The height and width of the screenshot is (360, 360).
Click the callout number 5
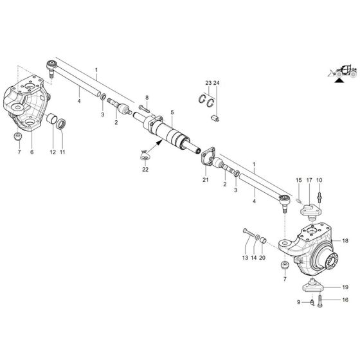[x=172, y=111]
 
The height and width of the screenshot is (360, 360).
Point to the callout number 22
[x=145, y=169]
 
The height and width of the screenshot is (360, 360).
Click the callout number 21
[x=206, y=181]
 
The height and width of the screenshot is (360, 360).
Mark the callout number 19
[x=345, y=287]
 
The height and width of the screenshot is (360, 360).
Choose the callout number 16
[x=345, y=300]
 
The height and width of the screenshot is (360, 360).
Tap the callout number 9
[x=298, y=301]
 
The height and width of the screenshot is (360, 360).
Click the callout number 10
[x=319, y=179]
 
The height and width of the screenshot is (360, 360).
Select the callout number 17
[x=309, y=179]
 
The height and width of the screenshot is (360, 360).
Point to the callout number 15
[x=298, y=179]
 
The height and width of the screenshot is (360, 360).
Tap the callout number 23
[x=208, y=84]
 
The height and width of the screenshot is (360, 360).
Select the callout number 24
[x=217, y=84]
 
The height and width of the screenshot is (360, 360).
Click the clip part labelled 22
[x=145, y=154]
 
